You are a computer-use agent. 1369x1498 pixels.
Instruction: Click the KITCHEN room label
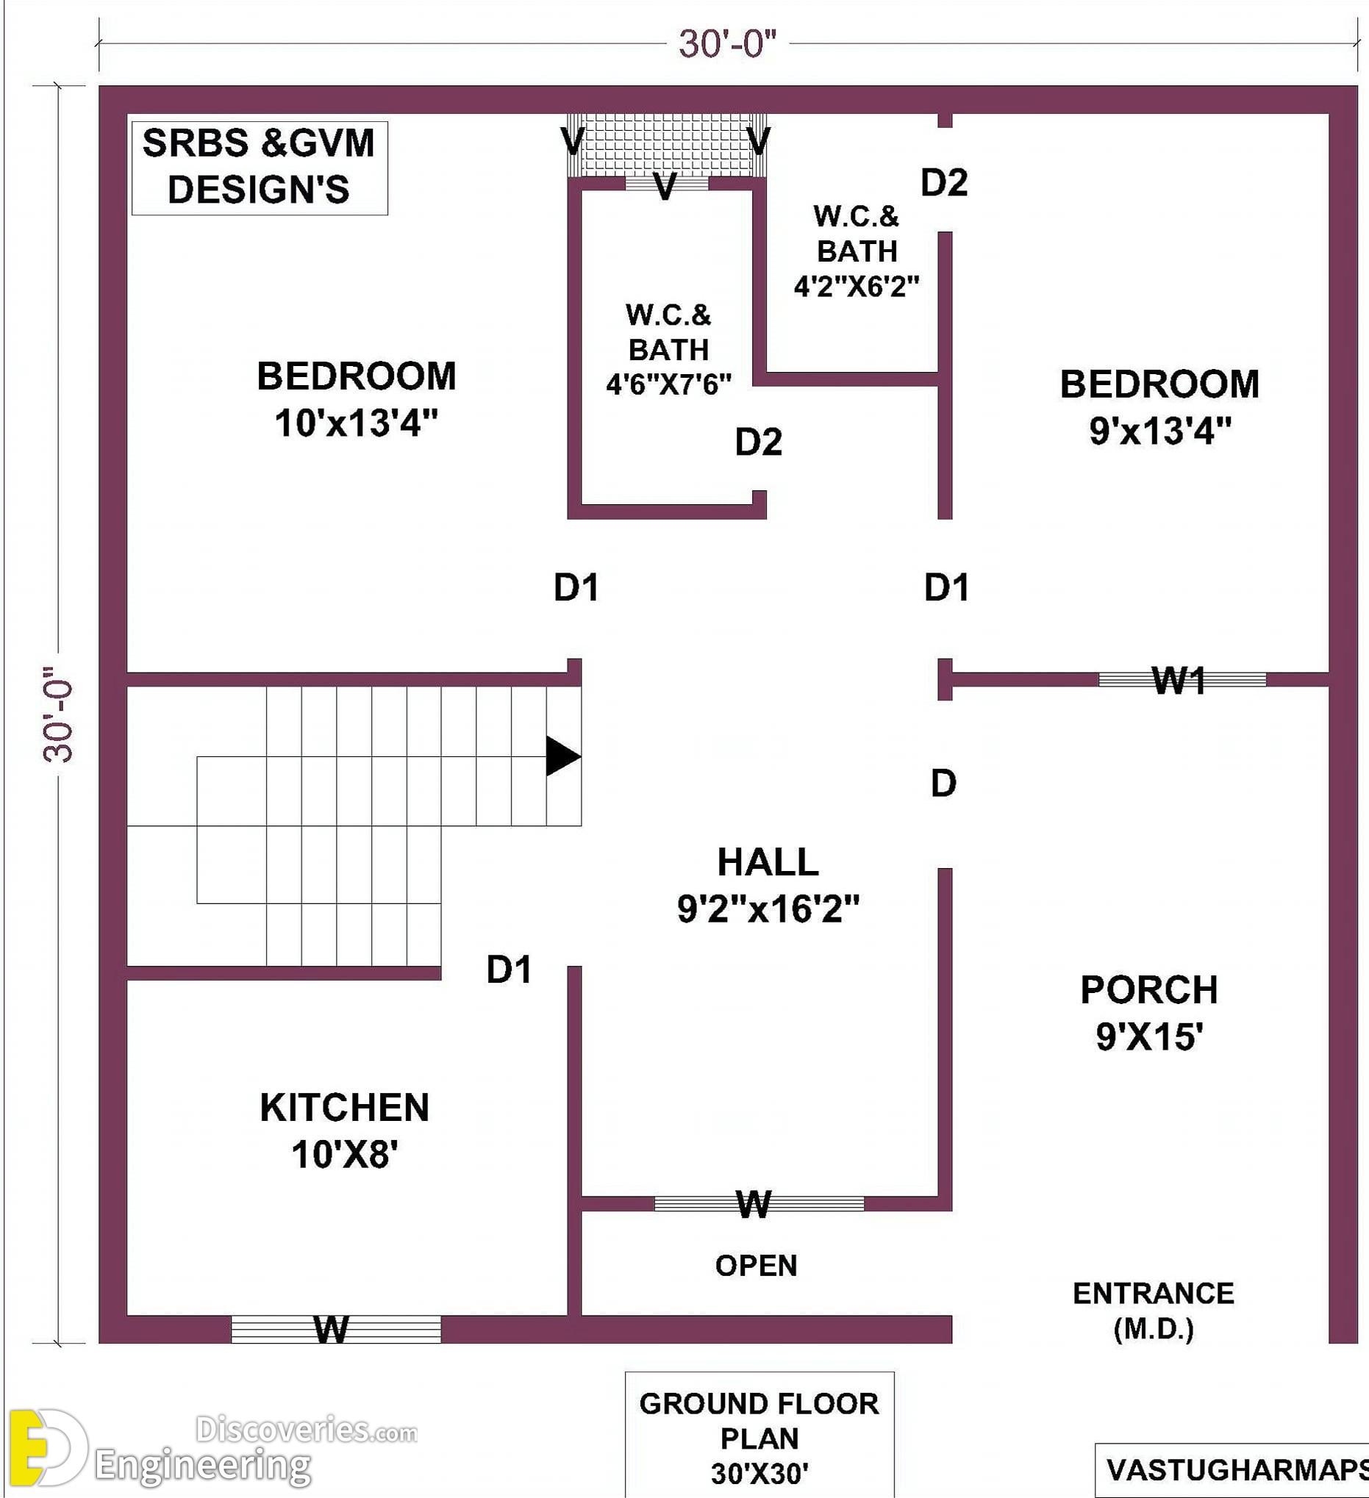pyautogui.click(x=345, y=1108)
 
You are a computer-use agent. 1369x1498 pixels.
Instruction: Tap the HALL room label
pyautogui.click(x=768, y=863)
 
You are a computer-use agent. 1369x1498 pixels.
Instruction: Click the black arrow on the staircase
pyautogui.click(x=562, y=756)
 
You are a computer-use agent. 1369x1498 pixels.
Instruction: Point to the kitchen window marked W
pyautogui.click(x=336, y=1330)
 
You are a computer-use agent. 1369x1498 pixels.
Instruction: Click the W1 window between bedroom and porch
pyautogui.click(x=1182, y=679)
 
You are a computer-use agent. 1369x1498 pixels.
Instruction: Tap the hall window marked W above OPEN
pyautogui.click(x=759, y=1203)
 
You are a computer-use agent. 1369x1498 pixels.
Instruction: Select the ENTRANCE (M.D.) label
pyautogui.click(x=1154, y=1311)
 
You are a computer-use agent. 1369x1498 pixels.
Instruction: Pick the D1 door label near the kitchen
pyautogui.click(x=509, y=970)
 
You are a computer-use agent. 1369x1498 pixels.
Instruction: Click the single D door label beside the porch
pyautogui.click(x=943, y=784)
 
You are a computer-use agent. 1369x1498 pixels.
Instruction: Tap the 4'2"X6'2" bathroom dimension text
pyautogui.click(x=857, y=286)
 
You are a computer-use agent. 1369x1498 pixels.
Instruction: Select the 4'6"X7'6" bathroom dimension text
pyautogui.click(x=669, y=385)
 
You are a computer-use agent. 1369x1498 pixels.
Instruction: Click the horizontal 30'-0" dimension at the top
pyautogui.click(x=728, y=44)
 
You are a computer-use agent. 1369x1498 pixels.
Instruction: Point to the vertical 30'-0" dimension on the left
pyautogui.click(x=59, y=713)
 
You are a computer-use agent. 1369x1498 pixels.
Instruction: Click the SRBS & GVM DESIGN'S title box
pyautogui.click(x=260, y=168)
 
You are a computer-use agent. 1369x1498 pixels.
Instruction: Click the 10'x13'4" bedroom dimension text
pyautogui.click(x=356, y=423)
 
